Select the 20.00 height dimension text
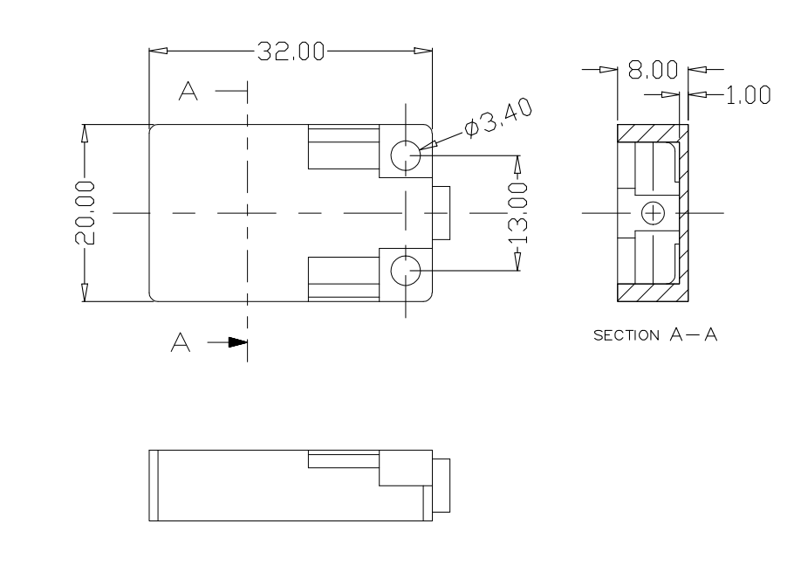(86, 213)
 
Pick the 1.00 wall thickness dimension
(748, 95)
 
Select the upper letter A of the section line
(188, 90)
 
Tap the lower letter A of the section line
(181, 344)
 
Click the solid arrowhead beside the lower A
(236, 343)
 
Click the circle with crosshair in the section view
(653, 212)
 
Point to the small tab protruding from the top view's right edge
(441, 213)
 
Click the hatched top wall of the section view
(650, 132)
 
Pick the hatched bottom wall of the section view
(650, 293)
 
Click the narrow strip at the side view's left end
(154, 486)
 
